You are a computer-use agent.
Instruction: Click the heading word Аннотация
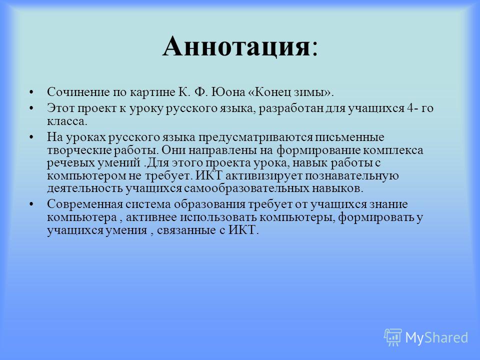236,46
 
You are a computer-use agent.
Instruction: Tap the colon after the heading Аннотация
314,49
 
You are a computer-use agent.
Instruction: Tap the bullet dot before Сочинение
31,92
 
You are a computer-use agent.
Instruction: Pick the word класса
67,121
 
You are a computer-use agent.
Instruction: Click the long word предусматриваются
255,137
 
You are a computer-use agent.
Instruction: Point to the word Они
173,150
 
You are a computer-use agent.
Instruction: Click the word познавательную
351,176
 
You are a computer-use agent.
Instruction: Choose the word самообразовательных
246,188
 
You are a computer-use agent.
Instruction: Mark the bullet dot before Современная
31,204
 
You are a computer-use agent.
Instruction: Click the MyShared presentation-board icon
393,337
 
